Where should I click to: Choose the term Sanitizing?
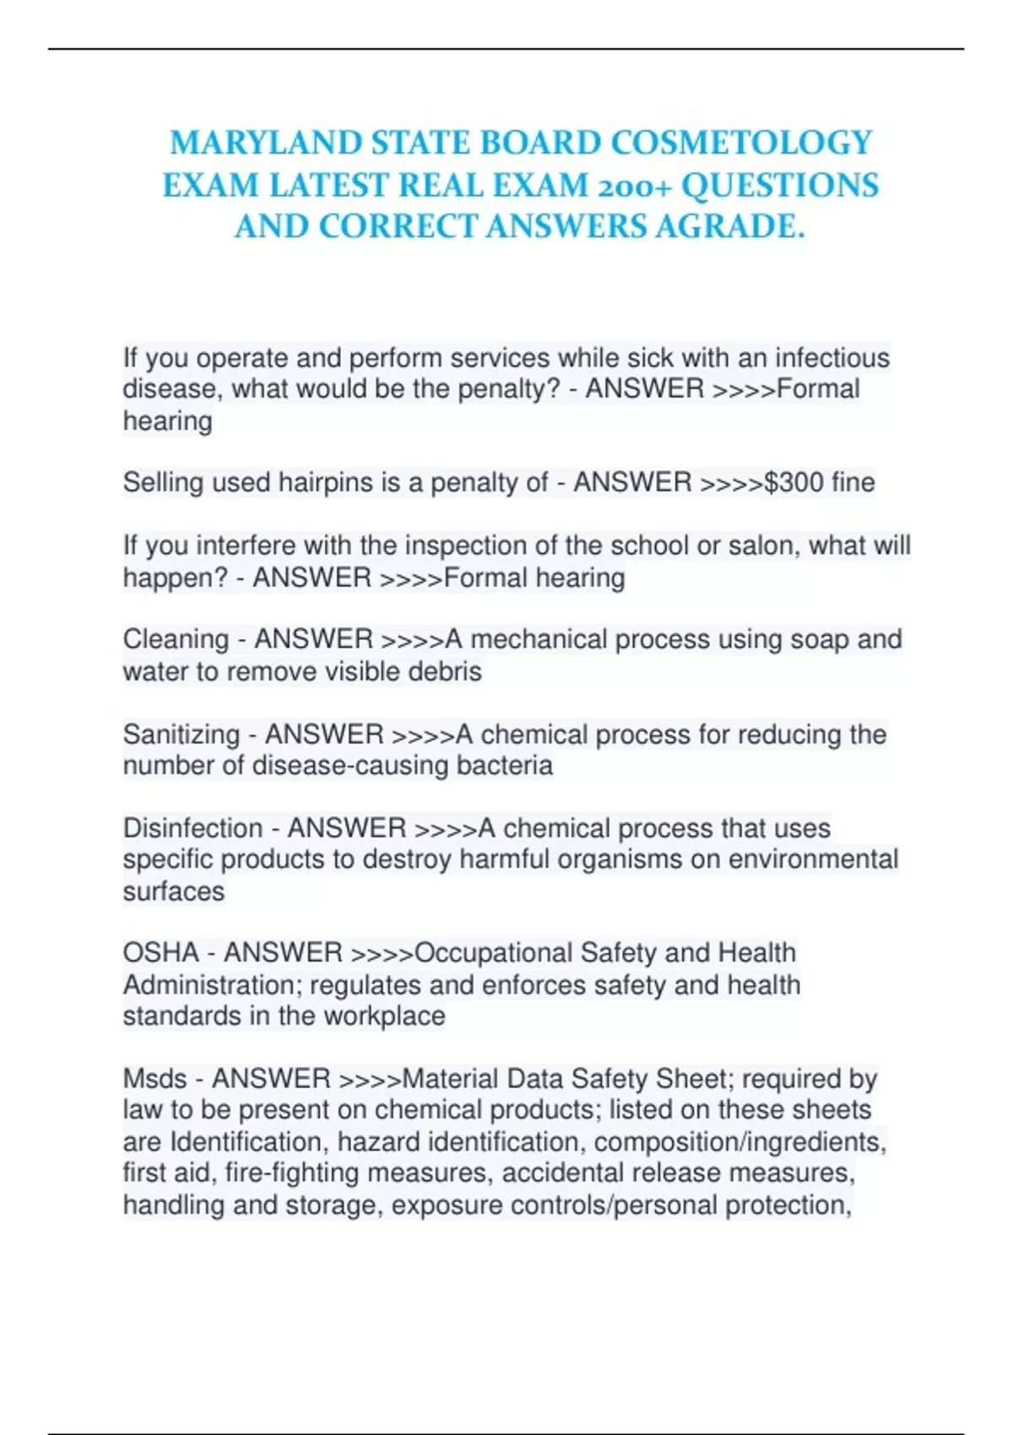(x=181, y=734)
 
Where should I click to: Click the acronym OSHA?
(x=161, y=953)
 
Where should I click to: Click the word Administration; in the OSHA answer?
(x=212, y=985)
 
